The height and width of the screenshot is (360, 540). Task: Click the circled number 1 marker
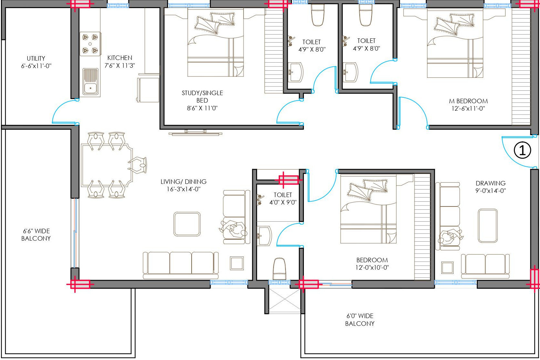(x=522, y=150)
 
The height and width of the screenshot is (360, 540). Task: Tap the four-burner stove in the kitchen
(x=90, y=44)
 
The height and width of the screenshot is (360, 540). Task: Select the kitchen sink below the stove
(x=90, y=82)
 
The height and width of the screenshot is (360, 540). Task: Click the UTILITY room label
(x=36, y=62)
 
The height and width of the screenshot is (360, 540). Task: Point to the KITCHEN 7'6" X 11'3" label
(x=120, y=62)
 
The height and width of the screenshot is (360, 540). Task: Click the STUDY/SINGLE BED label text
(x=202, y=96)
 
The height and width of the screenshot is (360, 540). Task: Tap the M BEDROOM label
(x=468, y=105)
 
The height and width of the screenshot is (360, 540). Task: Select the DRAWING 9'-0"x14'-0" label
(x=491, y=187)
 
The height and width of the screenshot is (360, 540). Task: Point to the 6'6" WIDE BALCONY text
(x=36, y=235)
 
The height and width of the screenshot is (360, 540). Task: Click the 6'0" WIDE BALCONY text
(x=360, y=319)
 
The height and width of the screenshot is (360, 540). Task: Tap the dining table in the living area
(x=107, y=165)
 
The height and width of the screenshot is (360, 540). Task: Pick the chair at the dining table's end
(x=138, y=165)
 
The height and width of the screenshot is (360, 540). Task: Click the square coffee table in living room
(x=187, y=224)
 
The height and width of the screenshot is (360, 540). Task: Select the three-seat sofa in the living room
(x=181, y=265)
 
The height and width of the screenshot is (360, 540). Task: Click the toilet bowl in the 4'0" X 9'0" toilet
(x=279, y=269)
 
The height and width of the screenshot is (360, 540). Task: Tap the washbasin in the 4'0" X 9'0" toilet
(x=264, y=236)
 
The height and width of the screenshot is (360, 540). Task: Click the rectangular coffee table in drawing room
(x=488, y=226)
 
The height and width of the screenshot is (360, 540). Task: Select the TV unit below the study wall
(x=195, y=133)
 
